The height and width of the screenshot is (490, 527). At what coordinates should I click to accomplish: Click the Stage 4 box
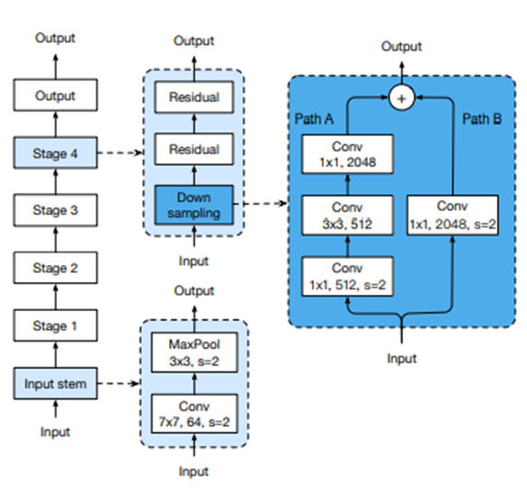click(x=55, y=153)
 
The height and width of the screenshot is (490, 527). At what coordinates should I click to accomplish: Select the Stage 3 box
click(x=55, y=210)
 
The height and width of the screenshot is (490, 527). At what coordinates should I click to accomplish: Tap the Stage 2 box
click(x=55, y=268)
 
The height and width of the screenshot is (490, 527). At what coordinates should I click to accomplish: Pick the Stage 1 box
click(x=55, y=325)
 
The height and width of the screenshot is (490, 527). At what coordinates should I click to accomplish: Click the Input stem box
click(x=55, y=383)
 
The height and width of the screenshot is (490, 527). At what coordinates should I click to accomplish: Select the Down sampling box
click(x=194, y=205)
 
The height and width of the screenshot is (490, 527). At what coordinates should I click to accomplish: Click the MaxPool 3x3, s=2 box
click(x=194, y=353)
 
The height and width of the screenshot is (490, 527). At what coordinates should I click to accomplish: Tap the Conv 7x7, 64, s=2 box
click(x=194, y=414)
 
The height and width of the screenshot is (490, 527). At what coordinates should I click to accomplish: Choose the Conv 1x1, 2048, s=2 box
click(x=452, y=215)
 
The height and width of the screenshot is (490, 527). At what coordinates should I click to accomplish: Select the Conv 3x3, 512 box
click(x=347, y=215)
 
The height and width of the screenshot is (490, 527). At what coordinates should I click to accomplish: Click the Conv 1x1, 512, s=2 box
click(x=347, y=277)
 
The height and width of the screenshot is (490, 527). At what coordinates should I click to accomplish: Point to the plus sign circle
click(x=401, y=99)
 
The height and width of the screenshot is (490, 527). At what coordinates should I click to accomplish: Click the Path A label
click(x=314, y=119)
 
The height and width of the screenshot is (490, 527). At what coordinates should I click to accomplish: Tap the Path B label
click(x=482, y=119)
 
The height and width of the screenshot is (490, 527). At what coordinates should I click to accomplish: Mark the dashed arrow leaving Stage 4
click(x=120, y=153)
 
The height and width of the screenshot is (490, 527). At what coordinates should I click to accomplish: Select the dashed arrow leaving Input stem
click(x=118, y=383)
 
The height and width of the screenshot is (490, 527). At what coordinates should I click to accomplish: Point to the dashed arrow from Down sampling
click(x=260, y=203)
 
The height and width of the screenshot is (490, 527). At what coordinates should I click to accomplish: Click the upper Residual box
click(x=194, y=97)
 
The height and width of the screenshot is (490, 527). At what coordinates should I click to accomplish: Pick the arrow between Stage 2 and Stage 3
click(x=56, y=239)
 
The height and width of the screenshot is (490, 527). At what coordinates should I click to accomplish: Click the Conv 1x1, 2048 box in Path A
click(x=347, y=155)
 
